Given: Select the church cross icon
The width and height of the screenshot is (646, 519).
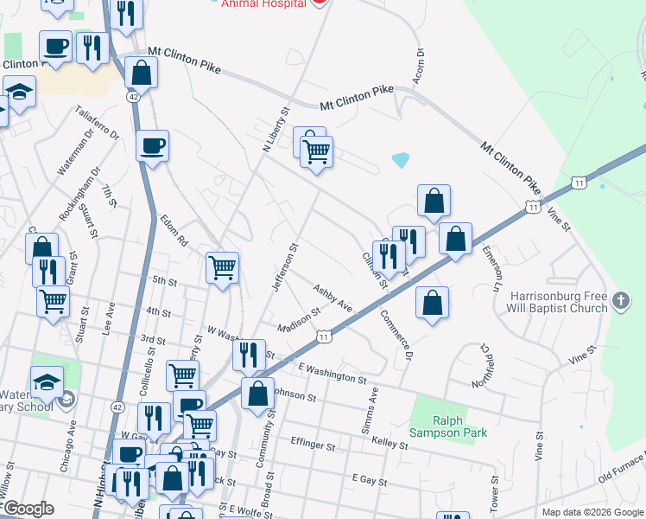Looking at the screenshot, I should pos(619,301).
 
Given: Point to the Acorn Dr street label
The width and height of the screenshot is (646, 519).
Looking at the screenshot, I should pos(421,65).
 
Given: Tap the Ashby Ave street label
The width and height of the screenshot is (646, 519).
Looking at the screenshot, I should pos(332,299).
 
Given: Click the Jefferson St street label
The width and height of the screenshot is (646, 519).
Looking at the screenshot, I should pos(285,266).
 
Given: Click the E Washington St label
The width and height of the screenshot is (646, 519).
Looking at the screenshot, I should pos(333,374).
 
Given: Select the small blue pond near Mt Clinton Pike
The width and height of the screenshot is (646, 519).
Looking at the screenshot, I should pos(400,160).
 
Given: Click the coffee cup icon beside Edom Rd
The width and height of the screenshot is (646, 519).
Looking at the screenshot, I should pos(153,146).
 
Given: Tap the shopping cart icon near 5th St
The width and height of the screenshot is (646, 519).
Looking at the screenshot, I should pos(223,267).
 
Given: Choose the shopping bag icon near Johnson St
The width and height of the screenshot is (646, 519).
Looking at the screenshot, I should pos(257,394).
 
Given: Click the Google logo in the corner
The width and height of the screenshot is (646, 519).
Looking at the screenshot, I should pos(28,509).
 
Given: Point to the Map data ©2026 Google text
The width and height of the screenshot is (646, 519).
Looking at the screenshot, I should pos(592,512).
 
